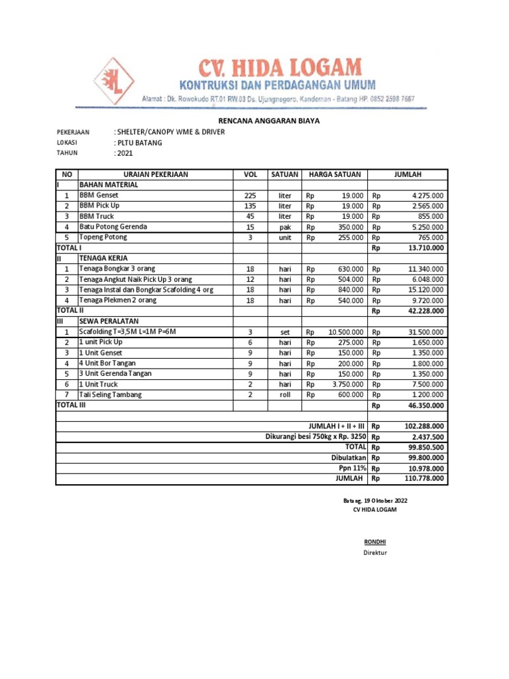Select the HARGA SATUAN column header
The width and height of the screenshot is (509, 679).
[x=335, y=174]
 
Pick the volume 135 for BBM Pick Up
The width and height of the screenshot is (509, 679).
[x=250, y=206]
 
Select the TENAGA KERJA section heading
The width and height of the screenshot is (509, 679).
[x=104, y=258]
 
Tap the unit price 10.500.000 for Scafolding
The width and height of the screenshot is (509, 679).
[x=345, y=332]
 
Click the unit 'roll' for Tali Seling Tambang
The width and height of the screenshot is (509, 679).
[x=285, y=395]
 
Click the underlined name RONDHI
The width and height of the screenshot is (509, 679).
[x=374, y=542]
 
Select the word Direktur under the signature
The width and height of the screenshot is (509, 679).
[x=374, y=552]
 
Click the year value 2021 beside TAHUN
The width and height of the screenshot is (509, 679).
[x=125, y=153]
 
